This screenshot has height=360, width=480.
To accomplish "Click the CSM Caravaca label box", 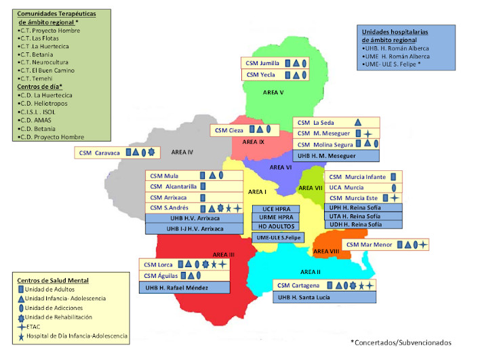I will point(118,153).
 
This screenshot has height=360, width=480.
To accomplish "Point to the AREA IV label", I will point(182,153).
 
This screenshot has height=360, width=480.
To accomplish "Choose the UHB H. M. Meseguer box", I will point(336,156).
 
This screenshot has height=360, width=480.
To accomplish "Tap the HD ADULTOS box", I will point(276,226).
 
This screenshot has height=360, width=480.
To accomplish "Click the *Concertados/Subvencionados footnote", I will point(401,342).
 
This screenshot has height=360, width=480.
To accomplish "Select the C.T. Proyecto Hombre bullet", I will point(47,31).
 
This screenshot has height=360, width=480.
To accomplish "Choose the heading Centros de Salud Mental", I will point(54,280).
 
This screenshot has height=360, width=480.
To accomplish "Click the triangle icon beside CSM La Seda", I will point(358,122).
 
